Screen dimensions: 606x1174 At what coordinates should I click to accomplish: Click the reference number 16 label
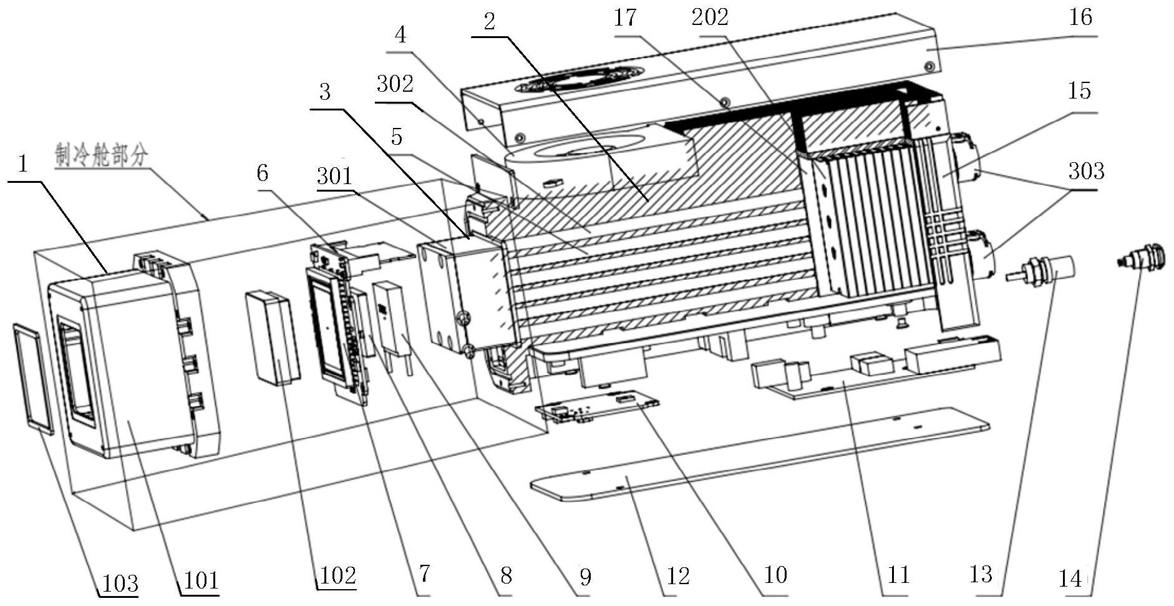(x=1080, y=17)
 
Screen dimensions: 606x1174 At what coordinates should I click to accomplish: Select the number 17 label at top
(x=625, y=17)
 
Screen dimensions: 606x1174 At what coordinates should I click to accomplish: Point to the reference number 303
(x=1086, y=171)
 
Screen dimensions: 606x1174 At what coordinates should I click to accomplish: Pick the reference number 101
(x=201, y=581)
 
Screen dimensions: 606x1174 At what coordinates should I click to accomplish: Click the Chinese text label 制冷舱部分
(x=102, y=155)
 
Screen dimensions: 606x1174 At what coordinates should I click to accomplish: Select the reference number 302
(x=395, y=84)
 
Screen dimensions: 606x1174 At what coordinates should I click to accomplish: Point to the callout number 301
(x=334, y=176)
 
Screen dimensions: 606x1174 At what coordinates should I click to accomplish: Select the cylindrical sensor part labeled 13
(x=1042, y=271)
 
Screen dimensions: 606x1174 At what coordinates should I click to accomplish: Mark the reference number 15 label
(x=1079, y=91)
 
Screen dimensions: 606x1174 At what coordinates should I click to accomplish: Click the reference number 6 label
(x=263, y=173)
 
